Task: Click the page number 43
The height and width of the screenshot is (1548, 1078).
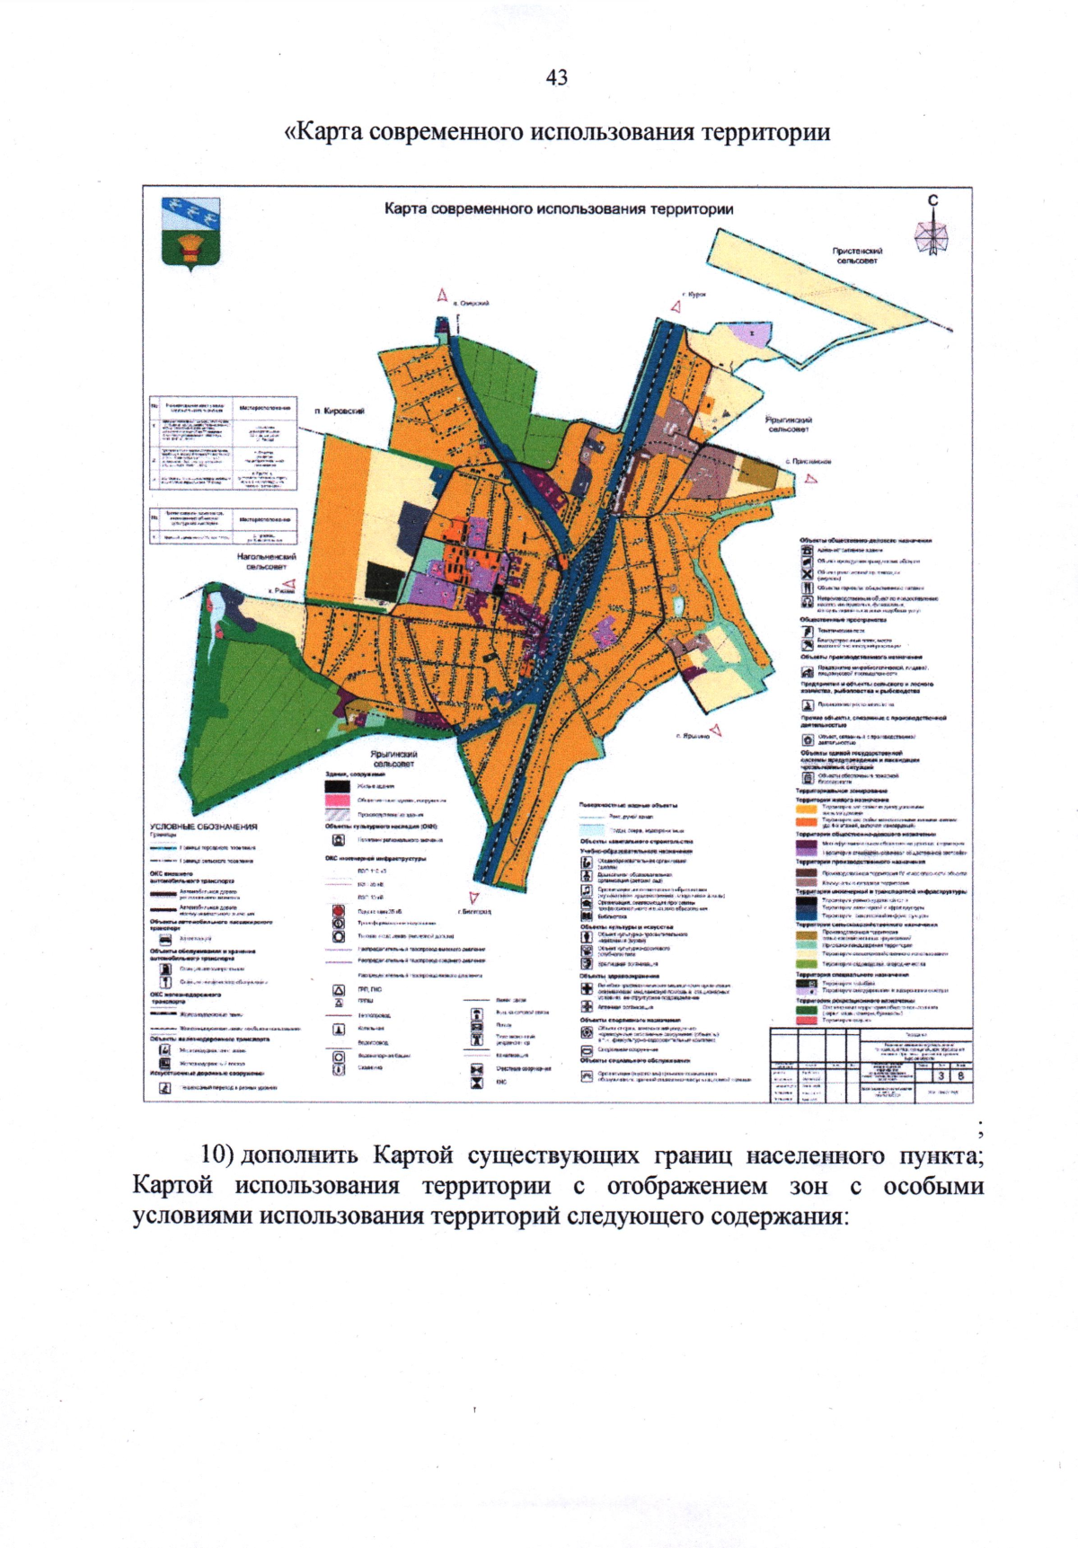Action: (556, 78)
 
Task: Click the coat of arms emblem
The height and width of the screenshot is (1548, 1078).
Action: (190, 233)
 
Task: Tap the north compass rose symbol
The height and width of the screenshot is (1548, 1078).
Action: (932, 233)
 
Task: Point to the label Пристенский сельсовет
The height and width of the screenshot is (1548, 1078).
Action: (857, 256)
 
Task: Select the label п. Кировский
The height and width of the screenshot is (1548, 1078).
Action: (340, 411)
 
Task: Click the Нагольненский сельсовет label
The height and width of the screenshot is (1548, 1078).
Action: (266, 562)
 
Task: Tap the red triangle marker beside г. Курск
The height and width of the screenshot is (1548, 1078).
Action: (676, 306)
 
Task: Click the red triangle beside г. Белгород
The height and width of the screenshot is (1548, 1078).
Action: (474, 898)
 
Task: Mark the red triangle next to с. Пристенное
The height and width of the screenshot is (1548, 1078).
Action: (811, 479)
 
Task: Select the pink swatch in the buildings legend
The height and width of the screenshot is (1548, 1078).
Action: (337, 799)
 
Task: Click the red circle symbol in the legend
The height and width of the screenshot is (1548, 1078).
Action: (339, 911)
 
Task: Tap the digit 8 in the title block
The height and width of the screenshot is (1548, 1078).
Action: (960, 1075)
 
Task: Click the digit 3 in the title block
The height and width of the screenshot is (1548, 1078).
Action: (941, 1075)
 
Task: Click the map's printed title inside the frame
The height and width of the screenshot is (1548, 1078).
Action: (558, 209)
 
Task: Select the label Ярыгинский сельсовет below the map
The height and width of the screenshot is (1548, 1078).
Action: (393, 759)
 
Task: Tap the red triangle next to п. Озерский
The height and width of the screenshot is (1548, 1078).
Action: (442, 296)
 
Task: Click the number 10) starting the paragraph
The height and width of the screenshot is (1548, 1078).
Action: (216, 1154)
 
